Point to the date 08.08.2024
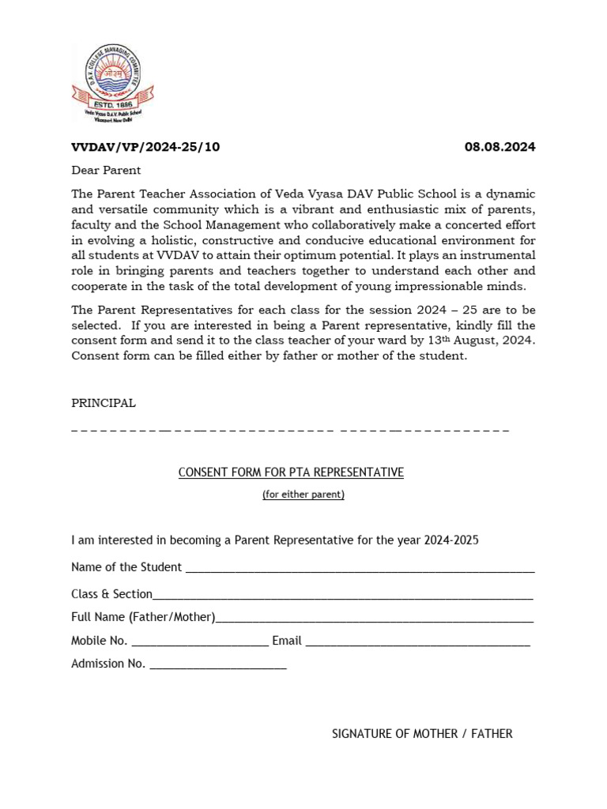point(500,147)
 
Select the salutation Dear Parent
point(106,170)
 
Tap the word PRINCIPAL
point(104,403)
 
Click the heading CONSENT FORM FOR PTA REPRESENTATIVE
point(291,472)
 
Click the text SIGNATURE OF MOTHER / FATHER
point(422,734)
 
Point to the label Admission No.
point(108,664)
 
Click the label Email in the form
point(287,641)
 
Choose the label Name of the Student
point(126,567)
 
